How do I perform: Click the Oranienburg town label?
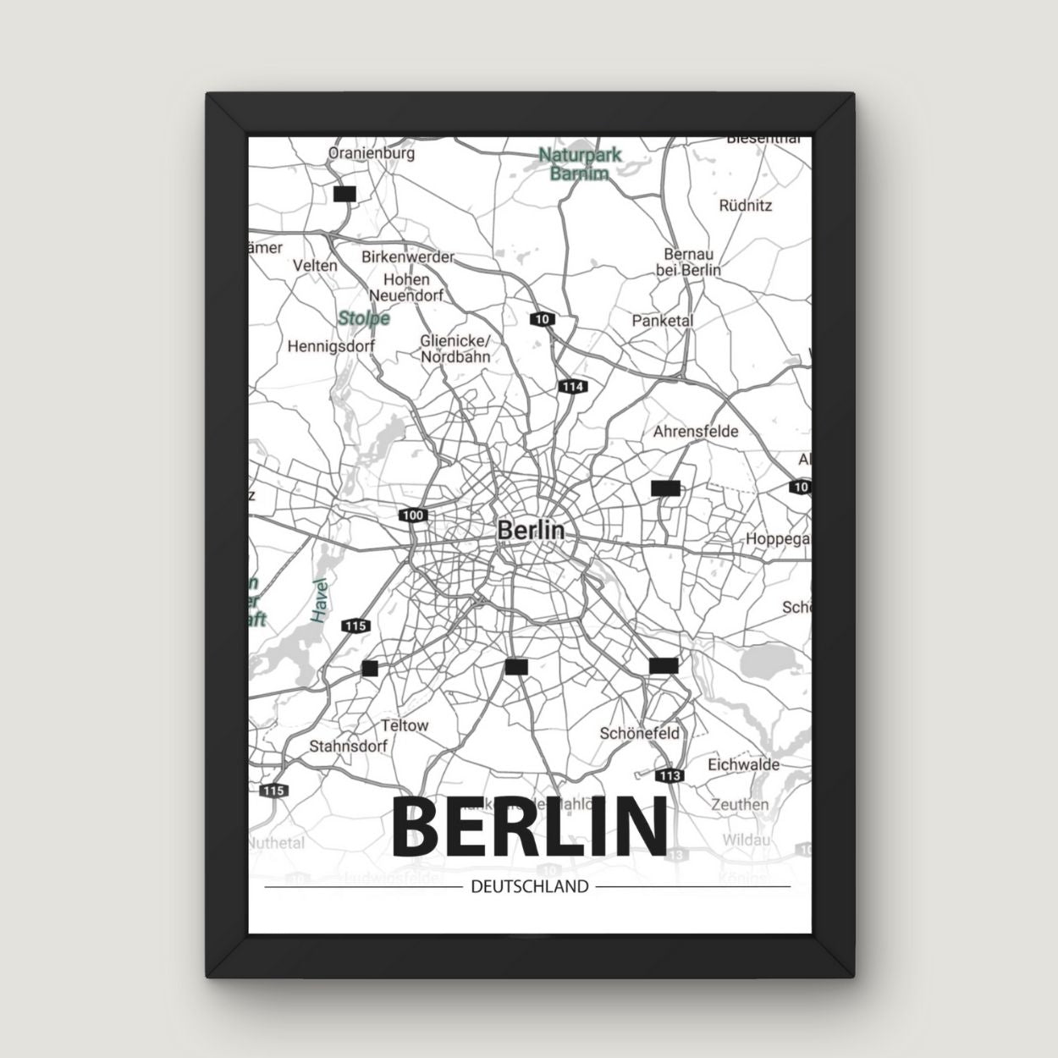pos(371,154)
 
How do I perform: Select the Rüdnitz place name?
pos(745,205)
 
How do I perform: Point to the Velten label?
pos(315,265)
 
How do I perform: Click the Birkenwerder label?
pos(408,256)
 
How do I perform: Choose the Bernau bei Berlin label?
pos(688,262)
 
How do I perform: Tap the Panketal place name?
pos(663,321)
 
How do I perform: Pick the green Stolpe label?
pos(364,318)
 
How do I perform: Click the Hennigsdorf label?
pos(331,346)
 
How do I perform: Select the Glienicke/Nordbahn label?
pos(455,348)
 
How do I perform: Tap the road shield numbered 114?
pos(572,387)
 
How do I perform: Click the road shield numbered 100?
pos(414,515)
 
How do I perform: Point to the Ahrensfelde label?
pos(696,431)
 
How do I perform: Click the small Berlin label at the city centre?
pos(531,530)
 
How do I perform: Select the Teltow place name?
pos(405,725)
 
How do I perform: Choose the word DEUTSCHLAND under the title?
pos(529,887)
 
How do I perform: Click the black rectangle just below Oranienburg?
pos(344,194)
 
